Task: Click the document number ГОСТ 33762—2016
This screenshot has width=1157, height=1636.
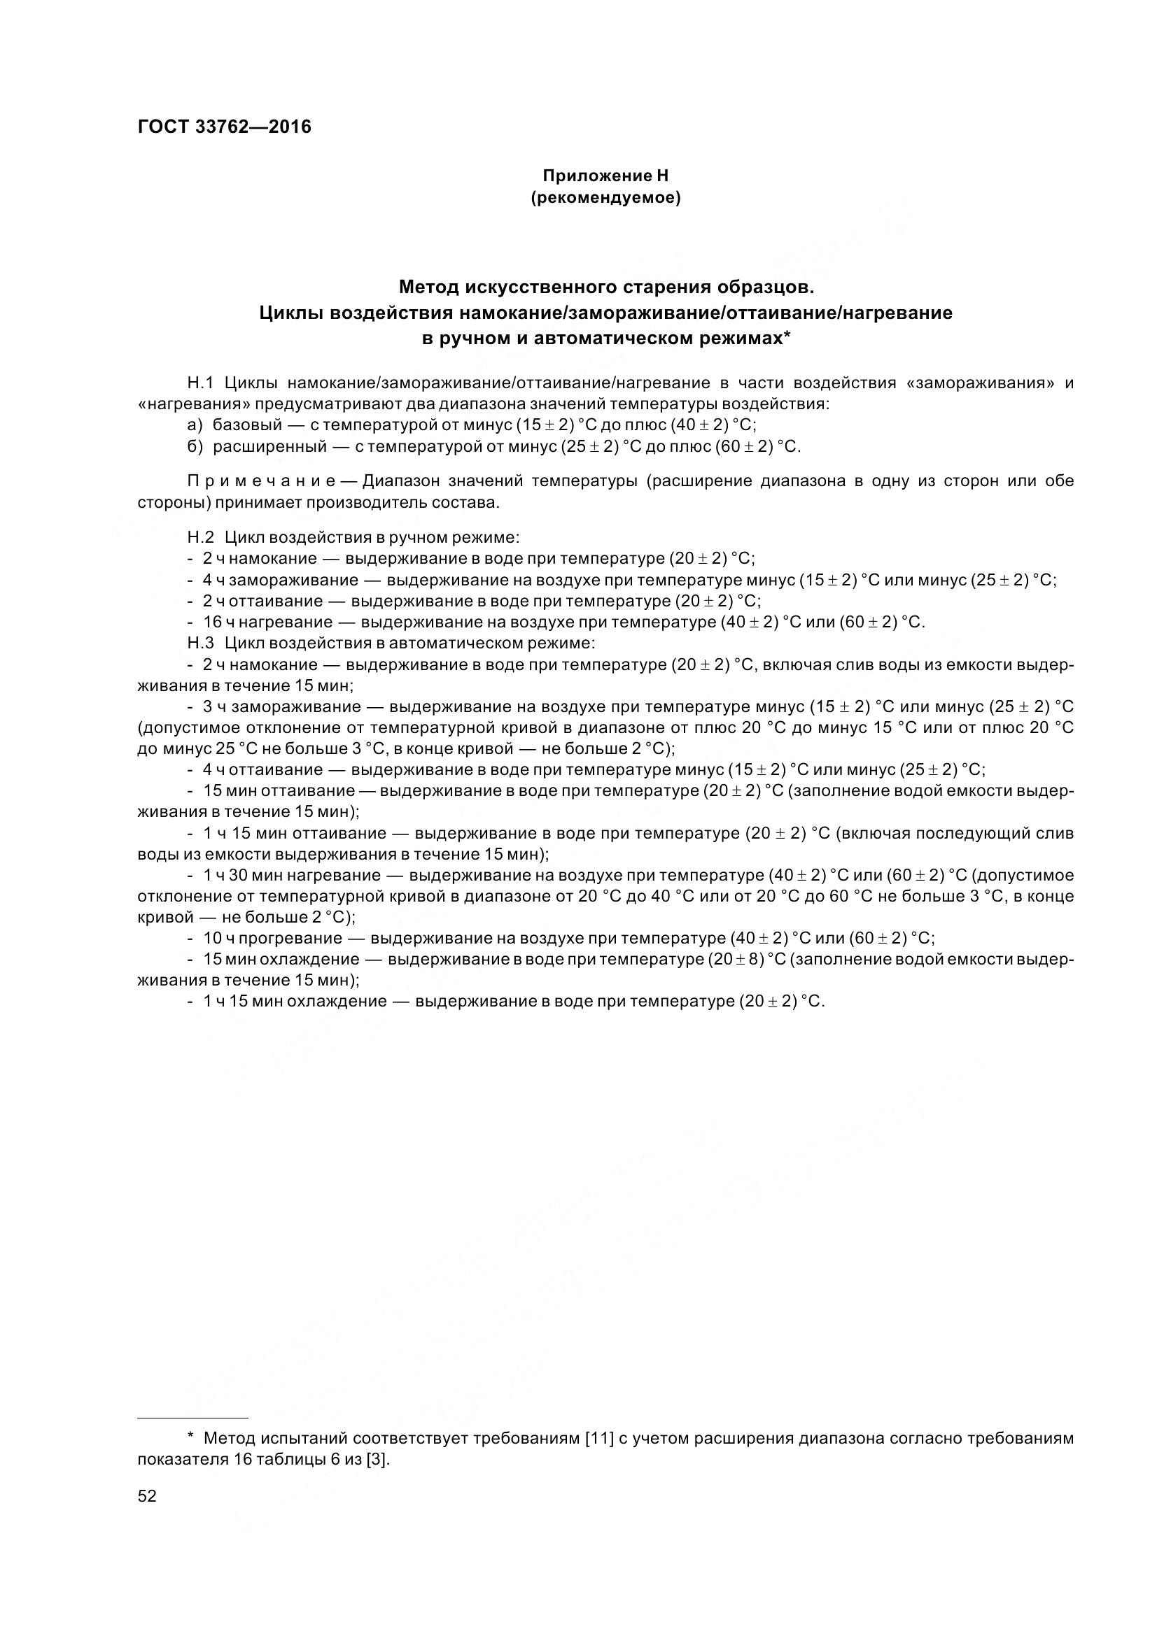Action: (224, 127)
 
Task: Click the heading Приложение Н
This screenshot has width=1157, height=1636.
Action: (605, 176)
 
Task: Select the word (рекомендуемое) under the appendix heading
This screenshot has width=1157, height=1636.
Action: (605, 198)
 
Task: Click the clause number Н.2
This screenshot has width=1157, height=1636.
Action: (200, 537)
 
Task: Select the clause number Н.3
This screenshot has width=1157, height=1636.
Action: (200, 643)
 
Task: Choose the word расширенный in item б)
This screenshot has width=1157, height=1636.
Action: (269, 447)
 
